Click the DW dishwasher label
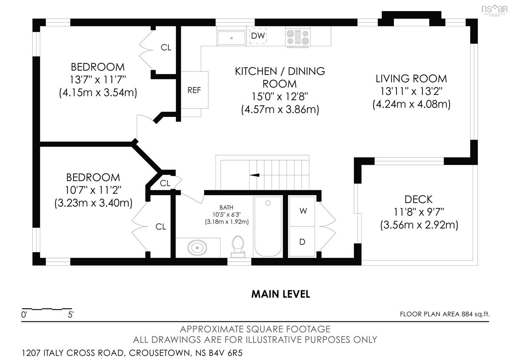(x=258, y=36)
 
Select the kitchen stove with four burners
(x=298, y=37)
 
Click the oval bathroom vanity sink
(x=197, y=247)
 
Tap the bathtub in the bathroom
(x=268, y=227)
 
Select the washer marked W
(x=302, y=212)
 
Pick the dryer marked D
(x=302, y=242)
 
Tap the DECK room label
(x=419, y=199)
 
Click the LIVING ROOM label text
(x=411, y=79)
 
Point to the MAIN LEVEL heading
(x=280, y=294)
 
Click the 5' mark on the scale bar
(x=71, y=315)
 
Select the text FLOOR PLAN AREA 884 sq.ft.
(x=445, y=314)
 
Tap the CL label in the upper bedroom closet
(x=166, y=48)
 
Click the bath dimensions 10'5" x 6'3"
(x=227, y=215)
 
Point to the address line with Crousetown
(x=132, y=353)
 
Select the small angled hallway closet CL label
(x=165, y=183)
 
